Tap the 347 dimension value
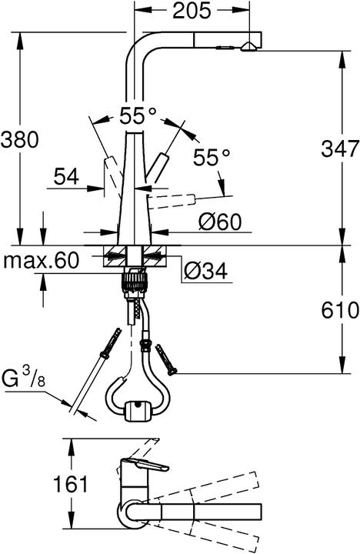339,148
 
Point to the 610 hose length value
339,311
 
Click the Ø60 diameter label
219,222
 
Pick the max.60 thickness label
42,262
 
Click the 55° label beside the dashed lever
212,158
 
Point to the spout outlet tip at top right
248,47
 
